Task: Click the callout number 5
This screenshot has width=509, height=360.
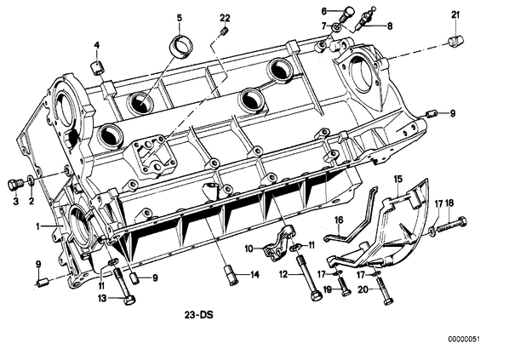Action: pyautogui.click(x=180, y=18)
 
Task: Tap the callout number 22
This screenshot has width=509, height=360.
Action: pyautogui.click(x=225, y=18)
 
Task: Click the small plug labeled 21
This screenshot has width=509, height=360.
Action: pyautogui.click(x=455, y=41)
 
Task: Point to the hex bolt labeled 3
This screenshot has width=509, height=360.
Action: pyautogui.click(x=14, y=186)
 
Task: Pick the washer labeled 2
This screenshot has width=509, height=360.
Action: pyautogui.click(x=31, y=180)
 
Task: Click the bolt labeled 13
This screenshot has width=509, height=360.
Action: pyautogui.click(x=124, y=286)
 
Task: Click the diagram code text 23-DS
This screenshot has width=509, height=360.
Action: pyautogui.click(x=199, y=315)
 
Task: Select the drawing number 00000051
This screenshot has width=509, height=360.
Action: pyautogui.click(x=464, y=340)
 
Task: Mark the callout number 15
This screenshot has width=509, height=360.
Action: pyautogui.click(x=398, y=180)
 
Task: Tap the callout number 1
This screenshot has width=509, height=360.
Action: pyautogui.click(x=38, y=226)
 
